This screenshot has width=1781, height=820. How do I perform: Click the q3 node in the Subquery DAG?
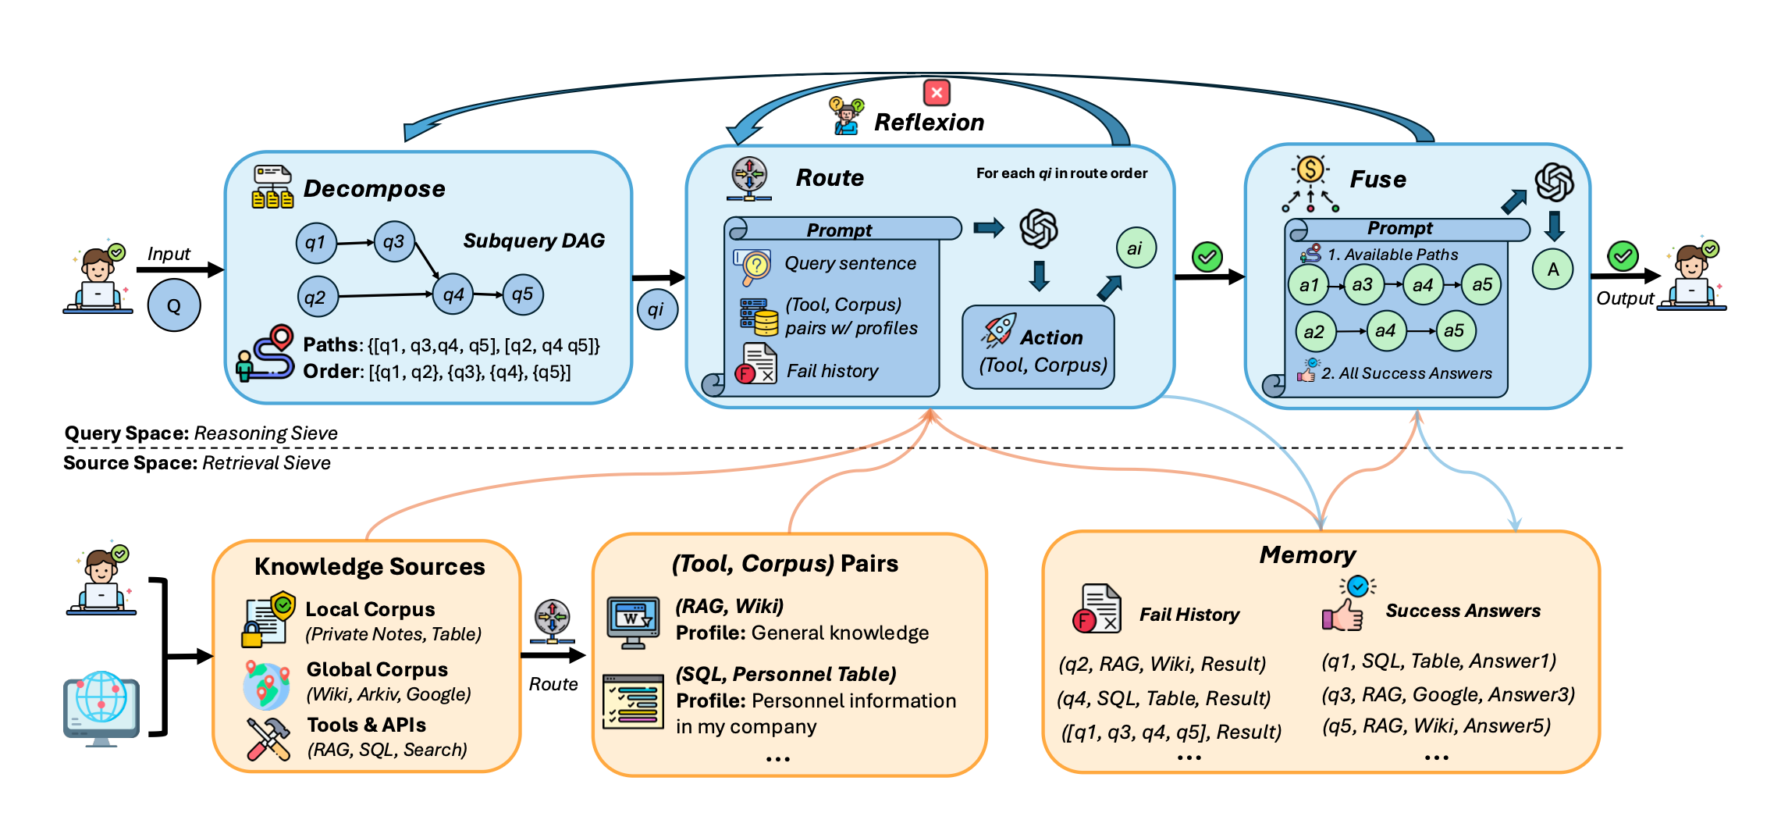click(394, 241)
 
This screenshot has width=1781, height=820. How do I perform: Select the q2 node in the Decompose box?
click(317, 297)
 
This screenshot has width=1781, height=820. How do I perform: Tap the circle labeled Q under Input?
click(174, 305)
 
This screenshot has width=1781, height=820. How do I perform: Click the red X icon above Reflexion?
click(937, 93)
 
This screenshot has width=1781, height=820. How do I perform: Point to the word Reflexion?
click(929, 123)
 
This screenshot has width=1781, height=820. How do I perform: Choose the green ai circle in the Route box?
click(1136, 248)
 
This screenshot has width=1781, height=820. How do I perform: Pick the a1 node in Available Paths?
click(1309, 285)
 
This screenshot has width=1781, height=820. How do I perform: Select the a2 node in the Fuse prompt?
click(1314, 331)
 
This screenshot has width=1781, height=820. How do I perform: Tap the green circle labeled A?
click(1553, 269)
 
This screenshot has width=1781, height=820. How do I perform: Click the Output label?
click(1625, 298)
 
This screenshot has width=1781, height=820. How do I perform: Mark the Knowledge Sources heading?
click(370, 566)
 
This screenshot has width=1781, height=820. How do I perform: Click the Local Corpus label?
click(370, 609)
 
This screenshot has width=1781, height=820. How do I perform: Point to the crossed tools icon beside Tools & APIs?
click(268, 739)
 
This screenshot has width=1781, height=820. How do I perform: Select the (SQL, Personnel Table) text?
click(786, 674)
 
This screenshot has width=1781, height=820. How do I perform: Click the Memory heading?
click(1308, 554)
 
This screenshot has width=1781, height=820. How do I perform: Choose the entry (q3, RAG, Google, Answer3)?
click(1448, 694)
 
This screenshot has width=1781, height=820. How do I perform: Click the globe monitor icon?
click(101, 708)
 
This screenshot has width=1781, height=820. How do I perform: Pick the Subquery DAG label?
click(534, 241)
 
